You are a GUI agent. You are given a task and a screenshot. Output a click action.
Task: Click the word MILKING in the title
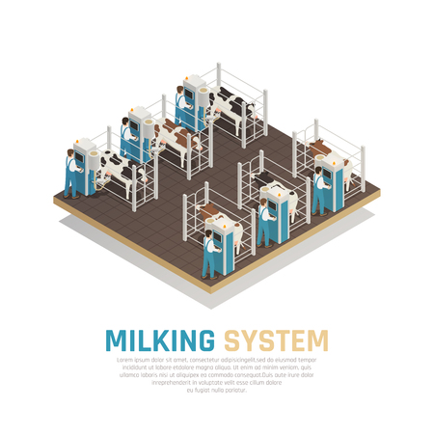(x=160, y=340)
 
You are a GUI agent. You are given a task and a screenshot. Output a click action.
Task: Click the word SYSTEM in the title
(x=276, y=340)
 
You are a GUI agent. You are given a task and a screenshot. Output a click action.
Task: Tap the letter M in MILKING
(x=116, y=340)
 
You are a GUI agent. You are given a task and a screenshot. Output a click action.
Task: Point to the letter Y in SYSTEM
(x=248, y=340)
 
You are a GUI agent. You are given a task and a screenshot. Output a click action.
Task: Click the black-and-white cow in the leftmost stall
(x=120, y=173)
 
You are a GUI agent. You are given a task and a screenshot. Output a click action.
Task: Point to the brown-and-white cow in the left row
(x=174, y=138)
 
